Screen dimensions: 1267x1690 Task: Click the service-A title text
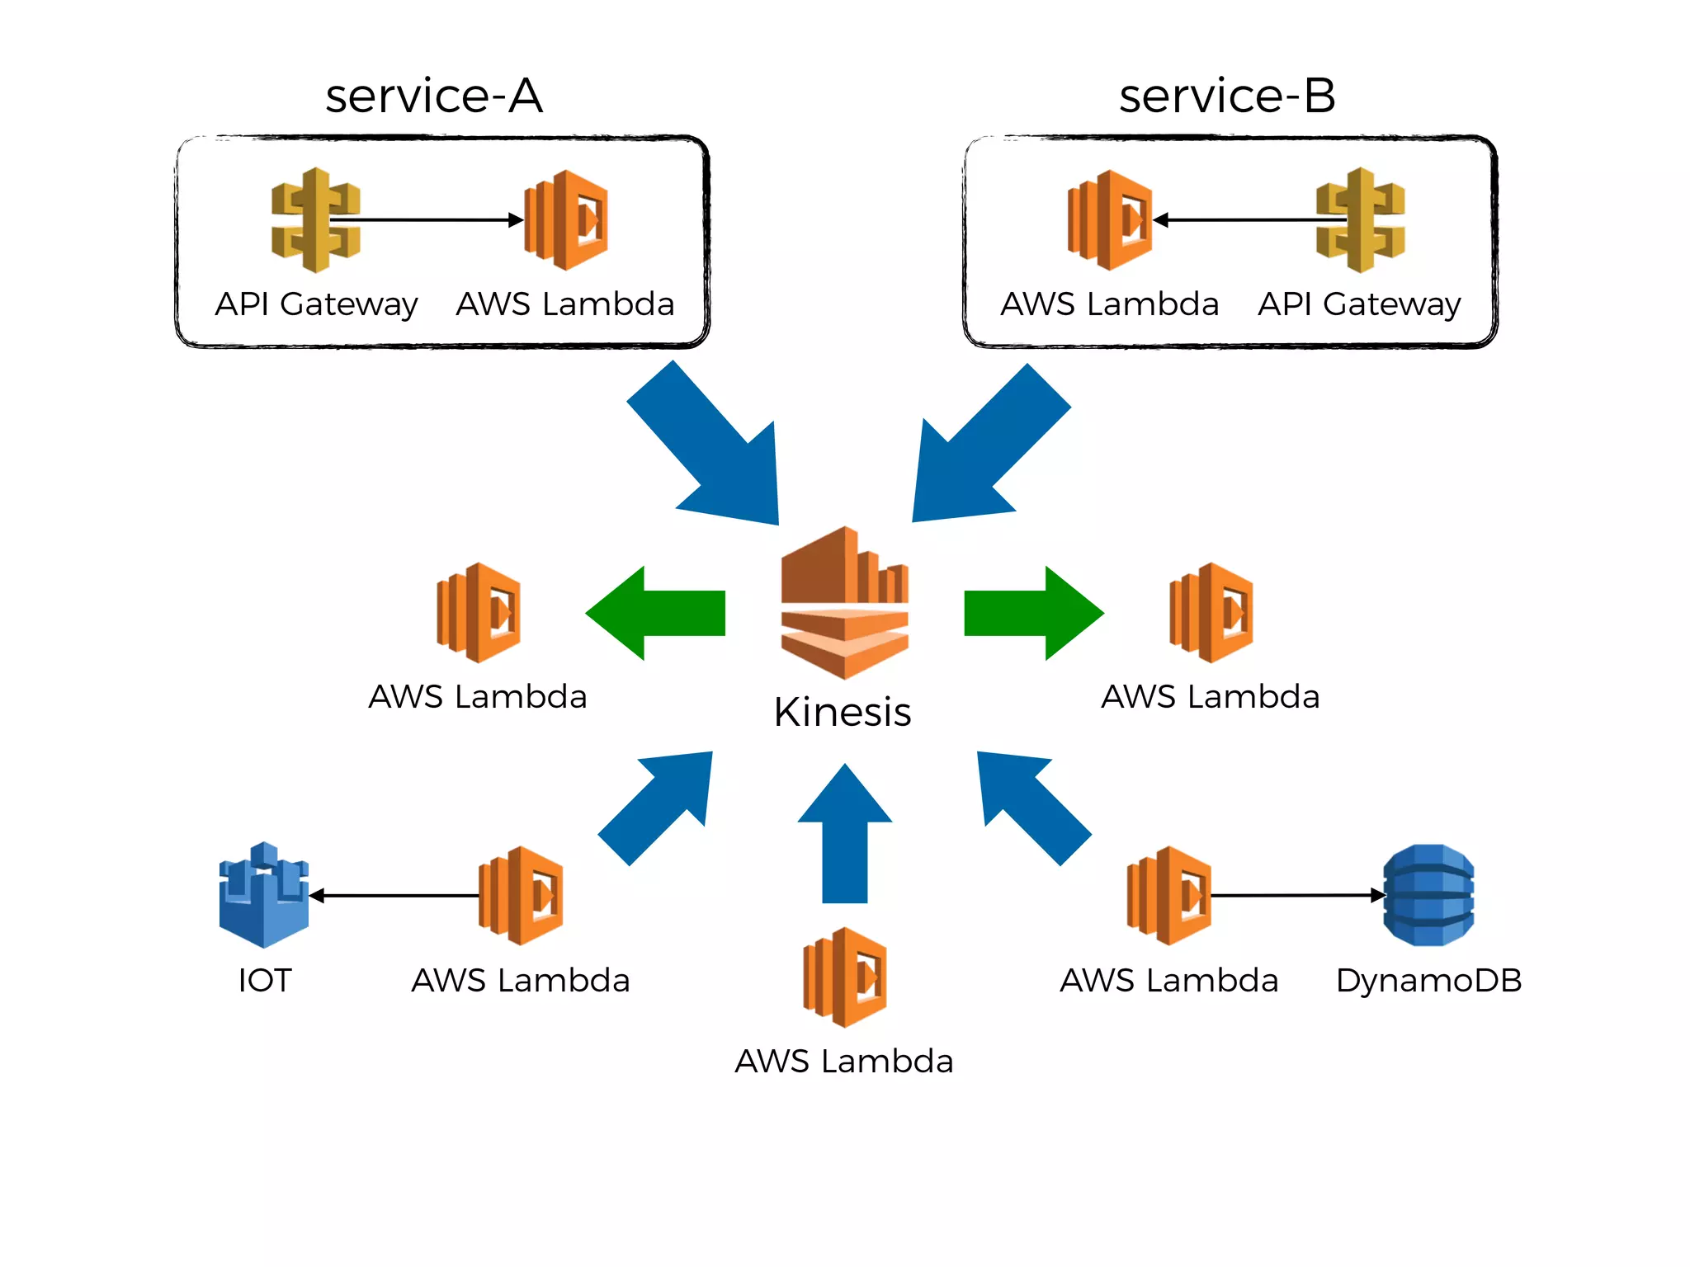[434, 96]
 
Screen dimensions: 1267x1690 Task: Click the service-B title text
[1227, 96]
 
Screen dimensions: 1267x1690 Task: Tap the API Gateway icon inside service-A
[315, 219]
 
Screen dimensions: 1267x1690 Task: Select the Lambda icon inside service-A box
[567, 220]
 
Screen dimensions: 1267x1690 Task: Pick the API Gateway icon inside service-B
[1360, 219]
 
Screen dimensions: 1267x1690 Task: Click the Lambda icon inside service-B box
[1110, 220]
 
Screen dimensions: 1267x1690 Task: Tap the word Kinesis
[843, 712]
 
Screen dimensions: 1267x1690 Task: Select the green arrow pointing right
[1033, 613]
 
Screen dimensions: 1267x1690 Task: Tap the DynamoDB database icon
[1428, 895]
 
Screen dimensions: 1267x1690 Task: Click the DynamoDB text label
[1428, 981]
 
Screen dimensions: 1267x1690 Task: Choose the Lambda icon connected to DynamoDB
[1169, 895]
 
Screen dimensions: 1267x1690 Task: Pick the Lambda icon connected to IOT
[521, 895]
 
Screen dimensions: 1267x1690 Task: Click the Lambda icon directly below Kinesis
[845, 977]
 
